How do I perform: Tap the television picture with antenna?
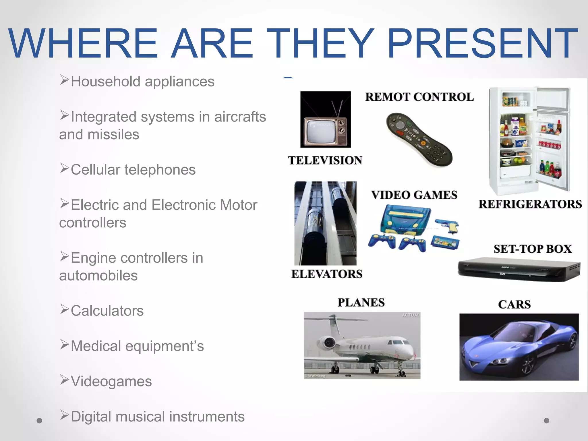tap(325, 120)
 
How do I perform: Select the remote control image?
tap(419, 140)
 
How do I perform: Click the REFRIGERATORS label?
tap(530, 204)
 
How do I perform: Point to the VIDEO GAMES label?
tap(414, 195)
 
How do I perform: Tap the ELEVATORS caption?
tap(327, 274)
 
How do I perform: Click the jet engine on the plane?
tap(327, 342)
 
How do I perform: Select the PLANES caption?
tap(361, 302)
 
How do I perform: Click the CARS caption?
tap(514, 304)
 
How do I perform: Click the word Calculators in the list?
tap(107, 311)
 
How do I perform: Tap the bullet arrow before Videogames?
tap(64, 380)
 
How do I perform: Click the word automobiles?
tap(98, 276)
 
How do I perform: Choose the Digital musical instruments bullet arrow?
tap(64, 415)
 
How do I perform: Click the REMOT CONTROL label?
tap(419, 97)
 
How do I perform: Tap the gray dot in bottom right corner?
tap(546, 420)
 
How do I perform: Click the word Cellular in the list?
tap(95, 170)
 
